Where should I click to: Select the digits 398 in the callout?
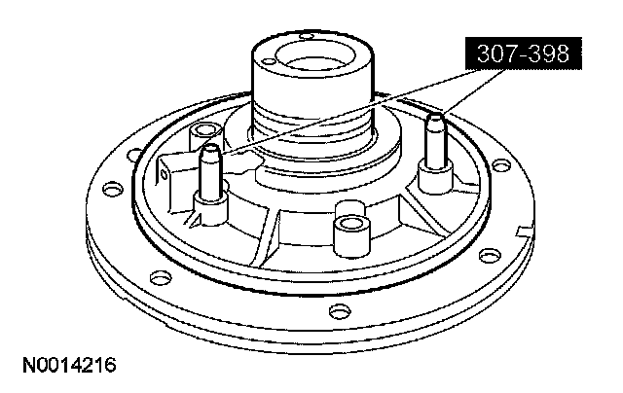pyautogui.click(x=550, y=54)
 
